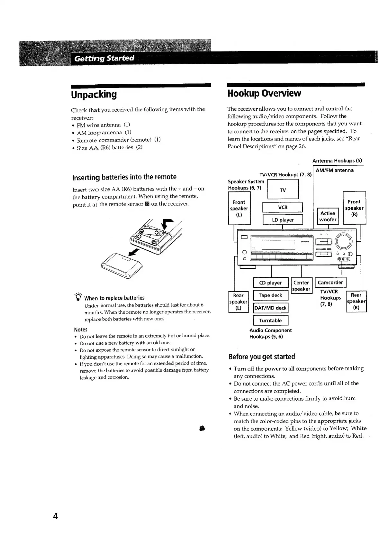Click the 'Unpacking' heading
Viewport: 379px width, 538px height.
pos(94,95)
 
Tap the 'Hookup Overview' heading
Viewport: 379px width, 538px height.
pos(264,94)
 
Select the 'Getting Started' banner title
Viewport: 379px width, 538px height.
pos(104,58)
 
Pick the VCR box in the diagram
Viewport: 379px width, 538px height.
pos(283,208)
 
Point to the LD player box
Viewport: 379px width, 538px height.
pos(283,220)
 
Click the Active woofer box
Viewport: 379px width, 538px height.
pos(328,216)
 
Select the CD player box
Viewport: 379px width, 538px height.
pos(270,283)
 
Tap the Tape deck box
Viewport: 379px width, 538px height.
pos(270,295)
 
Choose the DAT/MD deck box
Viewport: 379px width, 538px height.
pos(270,308)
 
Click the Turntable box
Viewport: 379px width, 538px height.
pos(270,320)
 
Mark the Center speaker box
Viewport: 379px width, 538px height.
pos(301,286)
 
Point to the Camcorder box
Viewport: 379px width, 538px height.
pos(330,283)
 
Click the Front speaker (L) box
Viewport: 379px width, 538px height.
pos(239,209)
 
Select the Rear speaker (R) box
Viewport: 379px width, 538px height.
pos(356,301)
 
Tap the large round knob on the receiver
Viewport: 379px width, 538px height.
pos(344,241)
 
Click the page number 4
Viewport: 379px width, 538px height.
pos(55,516)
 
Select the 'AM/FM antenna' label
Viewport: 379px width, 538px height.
pos(334,171)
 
